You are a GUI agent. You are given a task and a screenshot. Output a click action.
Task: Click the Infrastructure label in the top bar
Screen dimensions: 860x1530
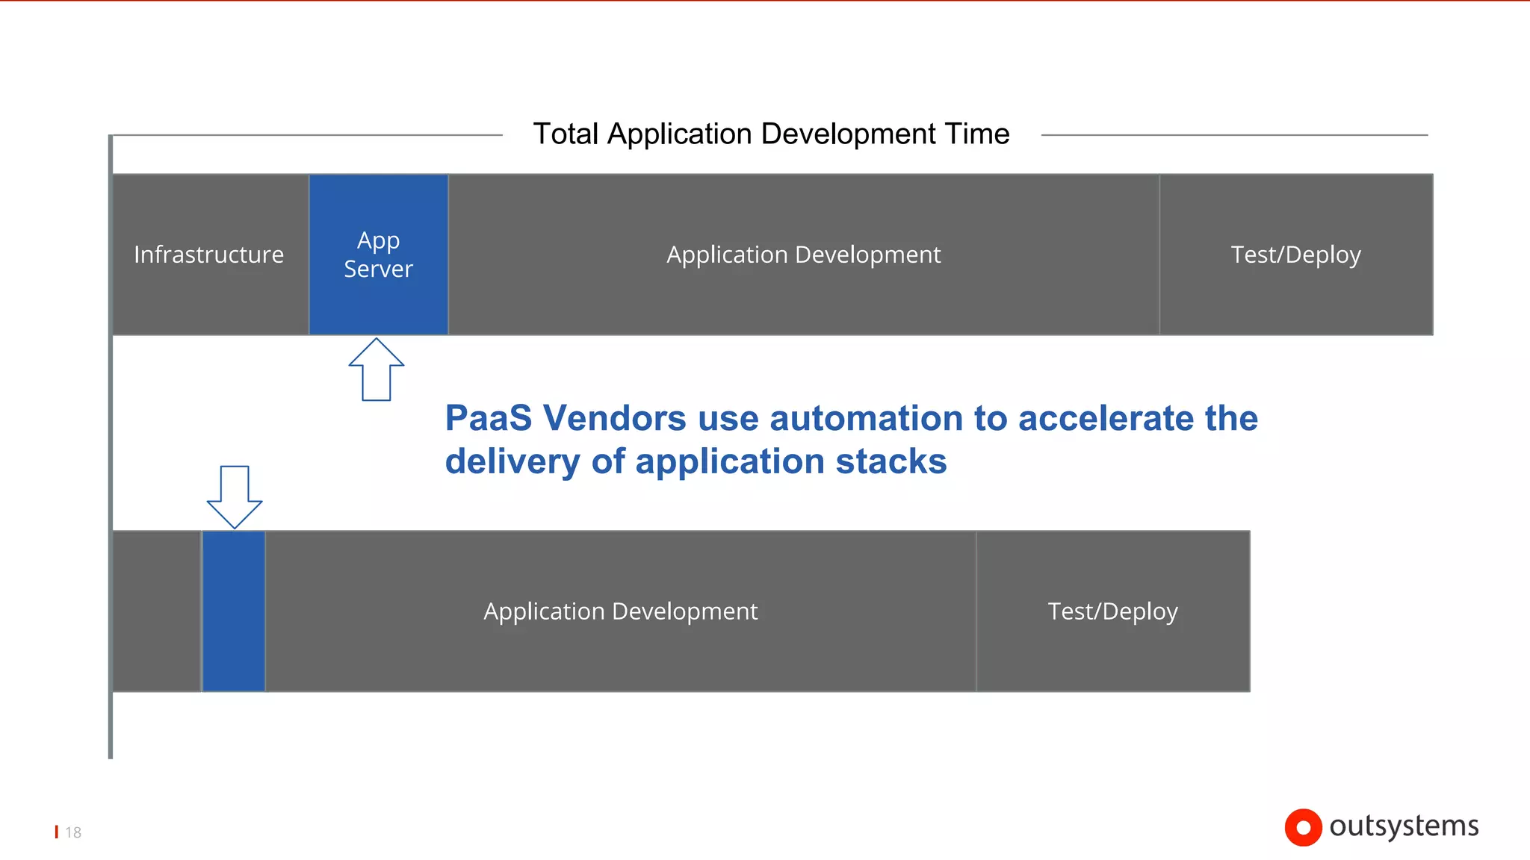click(x=208, y=255)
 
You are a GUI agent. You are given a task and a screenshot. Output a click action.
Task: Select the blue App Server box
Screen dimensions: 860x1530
click(x=379, y=255)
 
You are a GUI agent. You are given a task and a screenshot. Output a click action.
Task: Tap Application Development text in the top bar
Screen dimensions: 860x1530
click(x=803, y=255)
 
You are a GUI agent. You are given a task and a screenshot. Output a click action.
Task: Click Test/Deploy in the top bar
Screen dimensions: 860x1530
click(x=1295, y=255)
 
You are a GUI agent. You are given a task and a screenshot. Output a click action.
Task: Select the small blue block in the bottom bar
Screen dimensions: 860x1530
click(x=234, y=611)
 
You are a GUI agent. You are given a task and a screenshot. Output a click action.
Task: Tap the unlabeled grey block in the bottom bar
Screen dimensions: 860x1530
click(x=156, y=611)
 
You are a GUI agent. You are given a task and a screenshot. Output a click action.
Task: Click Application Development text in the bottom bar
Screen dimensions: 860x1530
click(x=620, y=611)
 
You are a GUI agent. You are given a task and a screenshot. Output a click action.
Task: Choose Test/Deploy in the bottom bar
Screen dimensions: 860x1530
click(x=1112, y=611)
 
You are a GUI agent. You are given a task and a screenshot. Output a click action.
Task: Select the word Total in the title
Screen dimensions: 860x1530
click(x=566, y=134)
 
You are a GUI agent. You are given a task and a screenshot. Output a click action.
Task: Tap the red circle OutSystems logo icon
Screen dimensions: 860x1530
click(x=1303, y=827)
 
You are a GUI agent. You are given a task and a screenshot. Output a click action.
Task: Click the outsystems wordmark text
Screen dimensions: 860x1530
click(x=1404, y=826)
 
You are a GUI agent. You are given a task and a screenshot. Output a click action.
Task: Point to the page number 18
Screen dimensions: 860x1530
click(x=73, y=832)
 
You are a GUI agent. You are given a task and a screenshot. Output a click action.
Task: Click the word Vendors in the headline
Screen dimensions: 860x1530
click(x=614, y=418)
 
